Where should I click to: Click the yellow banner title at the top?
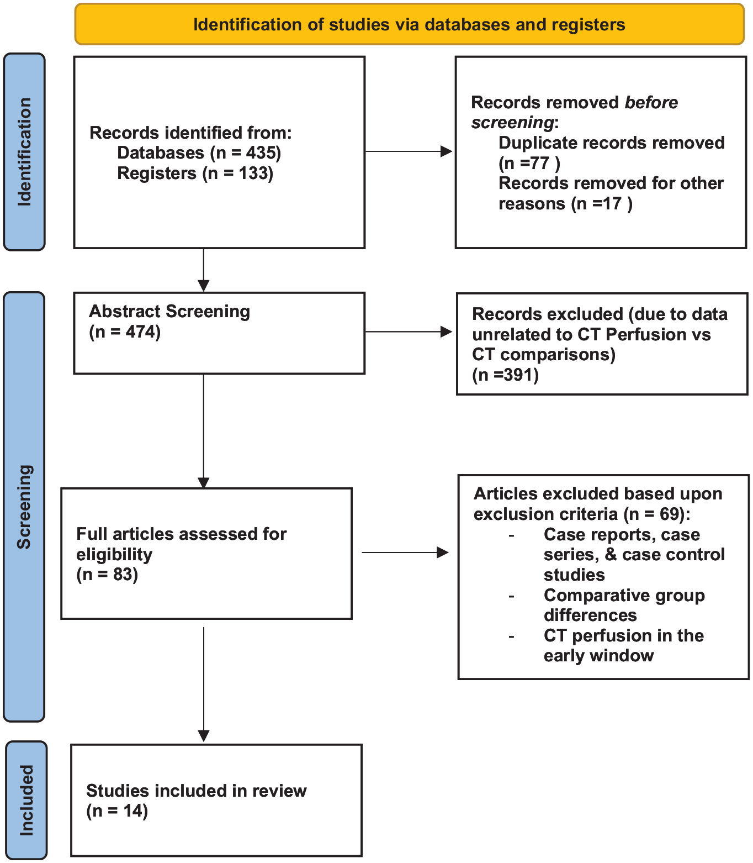409,24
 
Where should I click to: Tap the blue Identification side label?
24,152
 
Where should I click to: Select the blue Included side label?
26,800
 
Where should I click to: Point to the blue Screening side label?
24,507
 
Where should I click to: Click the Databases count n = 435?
246,152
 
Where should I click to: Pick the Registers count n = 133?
237,173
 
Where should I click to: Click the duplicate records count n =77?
529,163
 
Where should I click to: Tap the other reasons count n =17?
602,204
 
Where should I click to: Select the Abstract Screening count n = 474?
125,332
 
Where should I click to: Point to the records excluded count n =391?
505,375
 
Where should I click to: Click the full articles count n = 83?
107,575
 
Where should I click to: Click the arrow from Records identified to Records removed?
409,151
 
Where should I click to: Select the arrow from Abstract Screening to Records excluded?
409,331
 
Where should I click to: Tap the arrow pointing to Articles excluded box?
405,552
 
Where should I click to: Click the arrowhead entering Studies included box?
204,735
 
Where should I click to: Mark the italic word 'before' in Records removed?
651,103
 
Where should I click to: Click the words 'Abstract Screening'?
169,311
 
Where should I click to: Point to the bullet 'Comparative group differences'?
624,605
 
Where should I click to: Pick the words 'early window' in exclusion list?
598,655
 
